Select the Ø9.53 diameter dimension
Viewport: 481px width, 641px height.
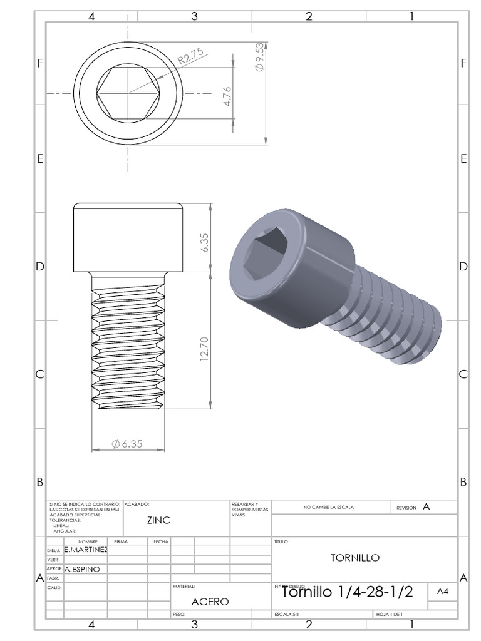tap(259, 59)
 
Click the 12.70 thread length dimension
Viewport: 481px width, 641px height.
tap(204, 349)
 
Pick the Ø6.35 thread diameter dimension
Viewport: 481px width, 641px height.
tap(128, 443)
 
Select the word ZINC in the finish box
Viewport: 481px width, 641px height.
tap(158, 520)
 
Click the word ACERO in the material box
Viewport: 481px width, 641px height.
tap(210, 602)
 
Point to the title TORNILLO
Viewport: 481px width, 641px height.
tap(355, 558)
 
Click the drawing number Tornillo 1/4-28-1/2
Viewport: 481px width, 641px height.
tap(348, 592)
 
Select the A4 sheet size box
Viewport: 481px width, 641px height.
tap(443, 590)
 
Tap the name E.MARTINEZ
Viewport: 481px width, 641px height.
tap(86, 550)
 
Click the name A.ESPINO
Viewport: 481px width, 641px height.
tap(82, 570)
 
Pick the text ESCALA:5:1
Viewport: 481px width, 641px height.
tap(287, 615)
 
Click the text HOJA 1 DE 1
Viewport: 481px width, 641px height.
tap(389, 615)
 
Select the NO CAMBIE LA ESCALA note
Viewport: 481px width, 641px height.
tap(328, 508)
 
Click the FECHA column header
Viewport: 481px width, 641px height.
tap(159, 541)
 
